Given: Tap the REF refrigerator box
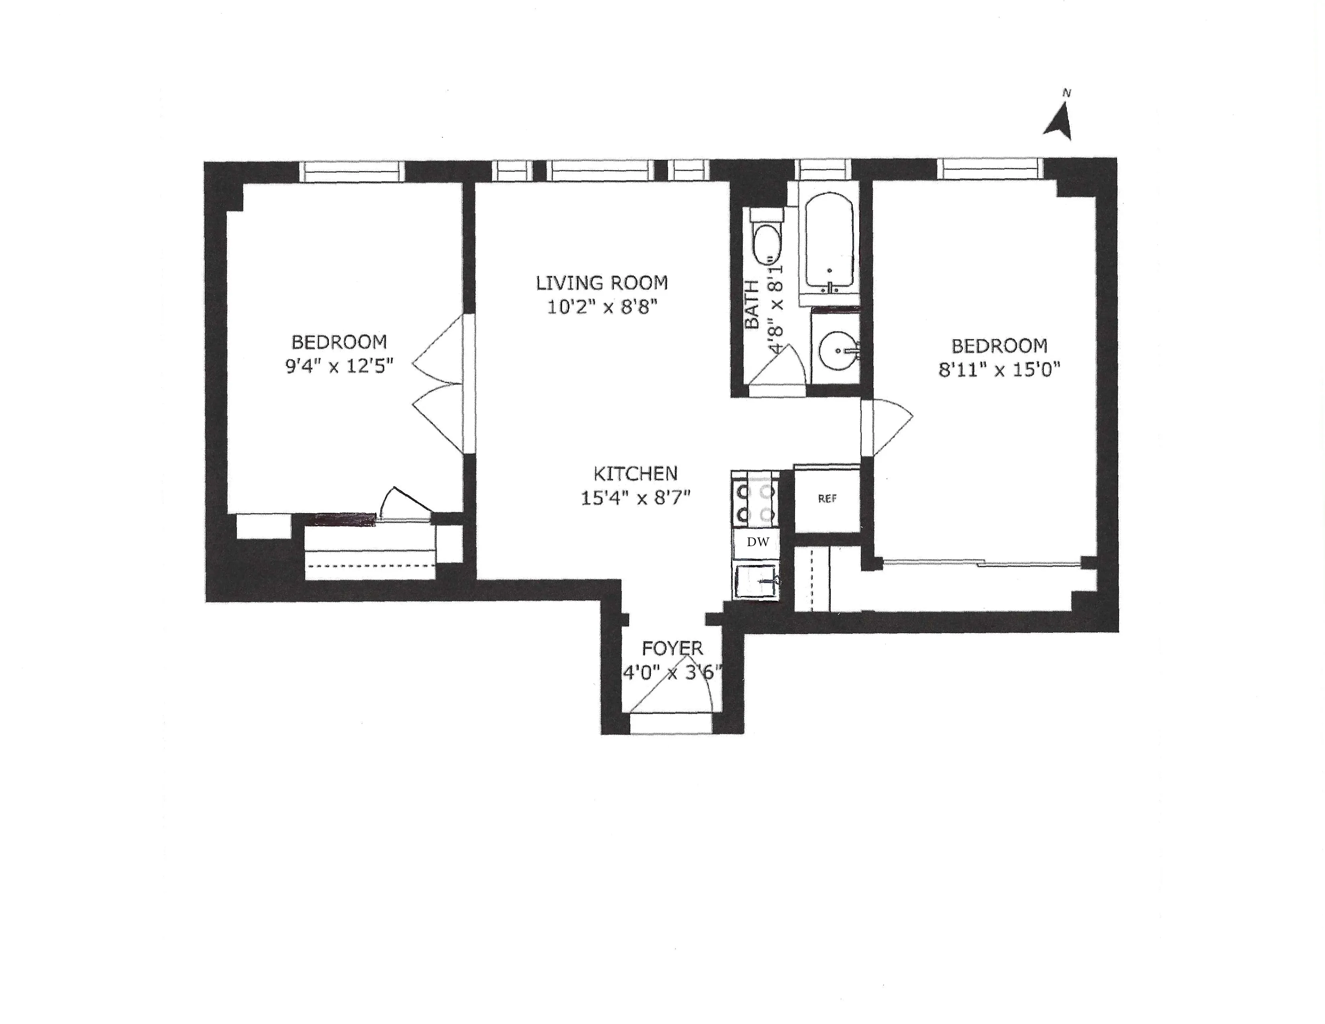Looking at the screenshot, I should pos(827,499).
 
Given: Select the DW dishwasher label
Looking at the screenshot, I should pos(757,543).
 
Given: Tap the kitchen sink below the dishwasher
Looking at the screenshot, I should pos(757,581).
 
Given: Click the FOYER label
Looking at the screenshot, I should pos(672,648).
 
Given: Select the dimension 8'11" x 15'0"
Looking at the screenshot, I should pos(999,369).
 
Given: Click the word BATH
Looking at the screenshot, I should pos(751,304).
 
